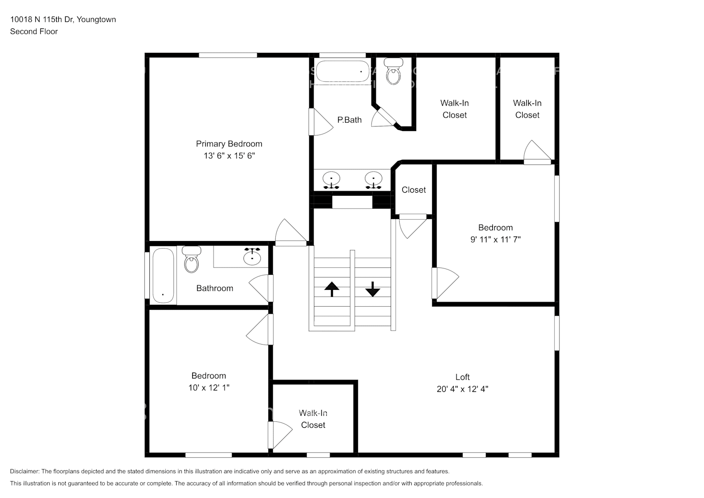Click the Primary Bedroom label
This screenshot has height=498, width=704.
(x=229, y=144)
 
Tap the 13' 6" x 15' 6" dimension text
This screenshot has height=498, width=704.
(x=229, y=156)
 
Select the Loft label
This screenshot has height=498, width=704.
(x=463, y=377)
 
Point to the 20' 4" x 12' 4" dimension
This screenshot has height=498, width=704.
(x=463, y=389)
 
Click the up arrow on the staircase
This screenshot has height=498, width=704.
(x=332, y=289)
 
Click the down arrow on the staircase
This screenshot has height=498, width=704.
(x=373, y=289)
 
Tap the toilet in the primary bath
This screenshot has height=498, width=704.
(x=393, y=71)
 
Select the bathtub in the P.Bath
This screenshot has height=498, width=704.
(x=343, y=71)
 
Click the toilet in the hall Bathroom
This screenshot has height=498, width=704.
(x=191, y=259)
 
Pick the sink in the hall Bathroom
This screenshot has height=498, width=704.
(x=252, y=256)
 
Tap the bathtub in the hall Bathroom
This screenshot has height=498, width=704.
(x=163, y=276)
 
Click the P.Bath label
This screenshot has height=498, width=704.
(x=350, y=120)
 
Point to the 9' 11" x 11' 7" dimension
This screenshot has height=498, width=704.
(x=495, y=240)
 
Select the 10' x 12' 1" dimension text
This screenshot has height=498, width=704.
(x=209, y=387)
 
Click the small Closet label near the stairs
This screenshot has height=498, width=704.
(x=414, y=190)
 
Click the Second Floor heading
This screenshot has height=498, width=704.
(x=34, y=31)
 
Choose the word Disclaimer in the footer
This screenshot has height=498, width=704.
(x=25, y=471)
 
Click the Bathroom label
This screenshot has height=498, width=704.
(x=215, y=288)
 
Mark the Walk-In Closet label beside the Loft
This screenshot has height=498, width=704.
(x=313, y=419)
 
